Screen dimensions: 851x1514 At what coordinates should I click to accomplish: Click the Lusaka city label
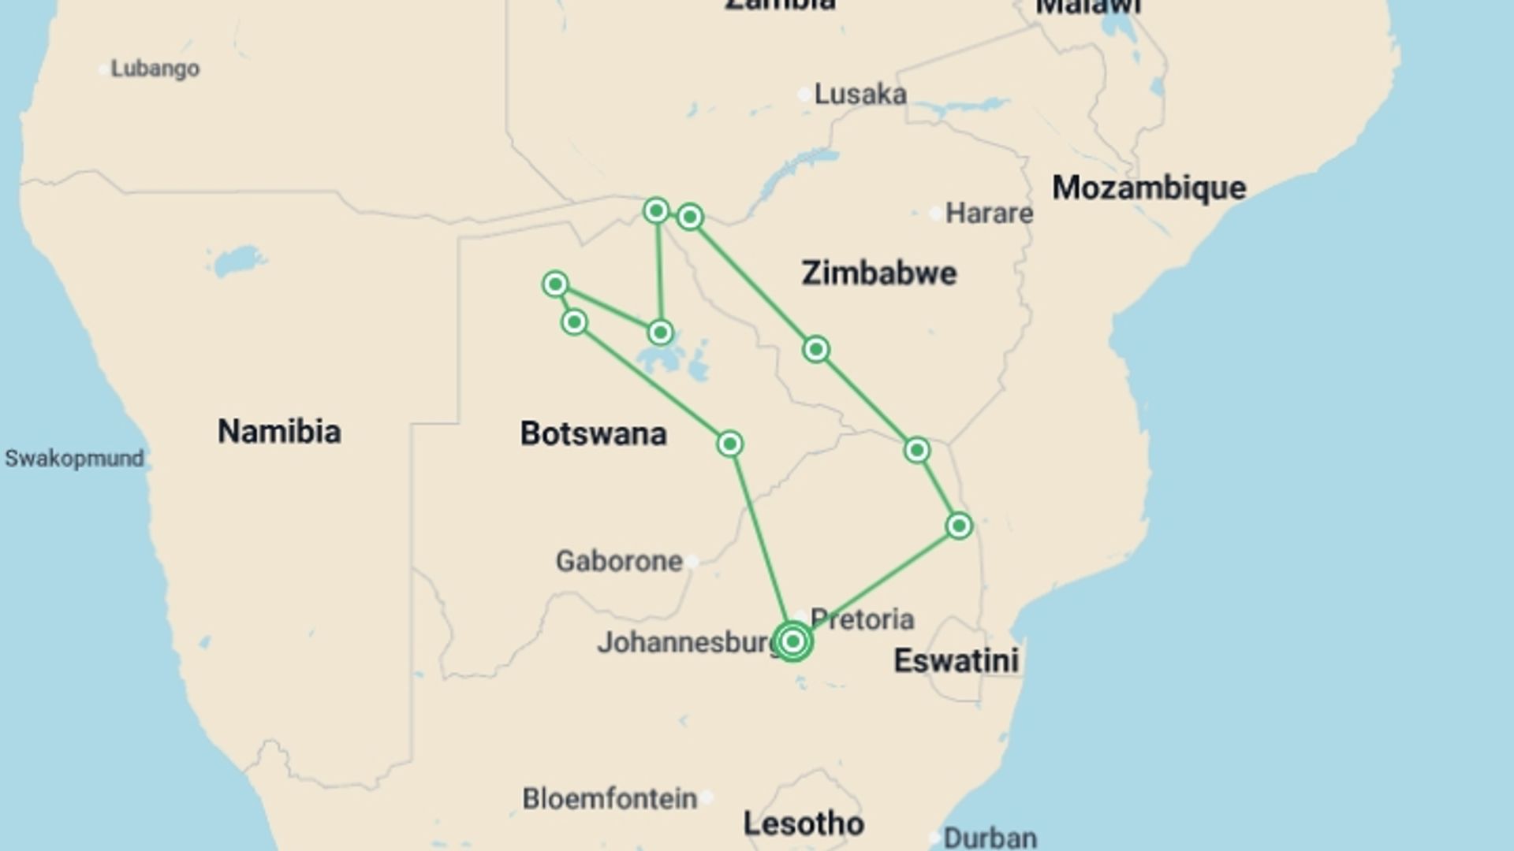(x=860, y=95)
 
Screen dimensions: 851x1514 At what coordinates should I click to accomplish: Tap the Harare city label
(x=989, y=213)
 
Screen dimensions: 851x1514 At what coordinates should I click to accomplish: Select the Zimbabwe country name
(x=878, y=273)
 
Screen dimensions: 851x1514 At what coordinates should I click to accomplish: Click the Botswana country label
(x=593, y=433)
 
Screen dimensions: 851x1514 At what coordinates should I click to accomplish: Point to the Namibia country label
(x=279, y=431)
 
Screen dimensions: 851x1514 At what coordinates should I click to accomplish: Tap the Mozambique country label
(x=1149, y=188)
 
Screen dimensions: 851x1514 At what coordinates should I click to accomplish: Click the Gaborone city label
(x=619, y=561)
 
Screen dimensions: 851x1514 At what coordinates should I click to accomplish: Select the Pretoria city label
(x=862, y=619)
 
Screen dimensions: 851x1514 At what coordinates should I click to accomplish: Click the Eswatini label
(x=956, y=660)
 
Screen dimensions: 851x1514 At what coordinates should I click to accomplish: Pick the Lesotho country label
(x=804, y=823)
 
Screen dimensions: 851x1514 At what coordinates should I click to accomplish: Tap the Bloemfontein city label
(x=610, y=798)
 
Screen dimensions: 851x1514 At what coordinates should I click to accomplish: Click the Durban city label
(x=990, y=837)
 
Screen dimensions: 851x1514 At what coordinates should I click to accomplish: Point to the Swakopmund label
(x=74, y=459)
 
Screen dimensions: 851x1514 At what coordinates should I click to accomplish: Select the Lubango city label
(x=155, y=69)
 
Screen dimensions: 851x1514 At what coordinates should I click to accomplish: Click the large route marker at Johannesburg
(x=792, y=641)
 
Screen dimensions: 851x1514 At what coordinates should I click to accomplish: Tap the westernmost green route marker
(x=555, y=284)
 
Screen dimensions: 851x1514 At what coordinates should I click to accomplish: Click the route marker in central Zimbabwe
(x=815, y=349)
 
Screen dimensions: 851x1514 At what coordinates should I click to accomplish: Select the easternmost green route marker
(x=959, y=526)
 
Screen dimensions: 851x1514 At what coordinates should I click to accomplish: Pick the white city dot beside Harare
(x=934, y=214)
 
